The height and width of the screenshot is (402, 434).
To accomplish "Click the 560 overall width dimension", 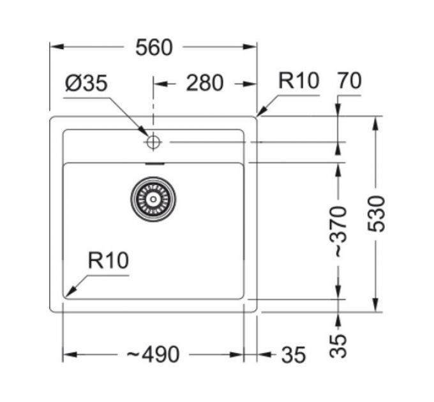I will (x=154, y=47).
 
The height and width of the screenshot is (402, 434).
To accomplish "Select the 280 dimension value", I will (x=204, y=83).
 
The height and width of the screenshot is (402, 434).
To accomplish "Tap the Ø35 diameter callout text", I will (x=86, y=84).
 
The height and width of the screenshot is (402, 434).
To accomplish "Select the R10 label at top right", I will (x=298, y=81).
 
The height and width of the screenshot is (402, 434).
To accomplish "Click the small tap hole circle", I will (x=153, y=142).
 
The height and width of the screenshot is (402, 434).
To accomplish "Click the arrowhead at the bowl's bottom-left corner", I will (x=70, y=292).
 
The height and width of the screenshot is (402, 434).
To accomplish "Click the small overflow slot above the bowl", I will (x=154, y=163).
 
